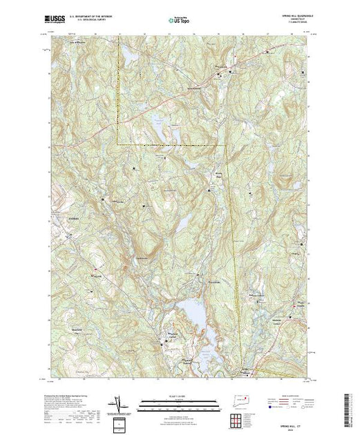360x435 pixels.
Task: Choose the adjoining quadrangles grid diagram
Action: tap(239, 418)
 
